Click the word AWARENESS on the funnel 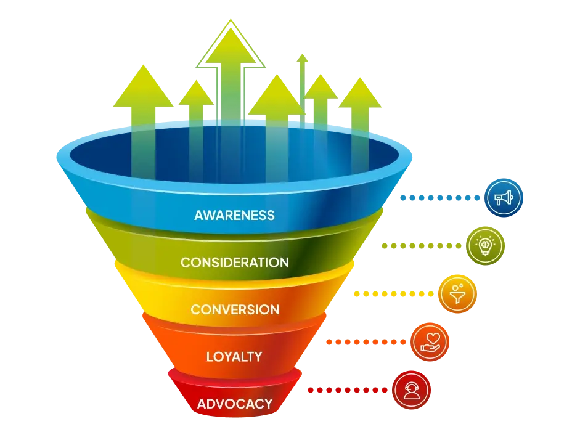pyautogui.click(x=234, y=216)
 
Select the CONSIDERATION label pyautogui.click(x=234, y=263)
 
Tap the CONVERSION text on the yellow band pyautogui.click(x=234, y=309)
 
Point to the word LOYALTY pyautogui.click(x=234, y=357)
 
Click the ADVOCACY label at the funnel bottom pyautogui.click(x=234, y=404)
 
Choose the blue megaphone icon pyautogui.click(x=503, y=198)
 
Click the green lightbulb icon pyautogui.click(x=485, y=245)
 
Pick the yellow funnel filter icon pyautogui.click(x=458, y=294)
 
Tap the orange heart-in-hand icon pyautogui.click(x=429, y=341)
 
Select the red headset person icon pyautogui.click(x=411, y=389)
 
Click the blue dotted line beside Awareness pyautogui.click(x=441, y=198)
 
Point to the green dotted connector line pyautogui.click(x=422, y=246)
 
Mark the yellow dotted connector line pyautogui.click(x=394, y=295)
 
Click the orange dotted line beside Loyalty pyautogui.click(x=367, y=341)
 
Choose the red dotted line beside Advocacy pyautogui.click(x=348, y=389)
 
